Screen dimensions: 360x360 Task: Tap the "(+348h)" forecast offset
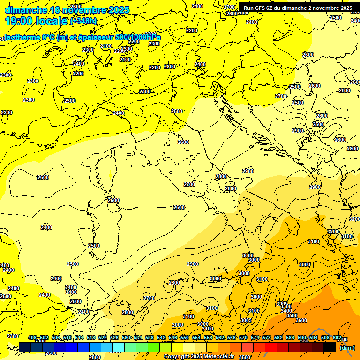coord(83,21)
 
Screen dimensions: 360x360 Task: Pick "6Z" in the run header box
coord(270,8)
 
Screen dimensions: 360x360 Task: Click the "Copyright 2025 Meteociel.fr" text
coord(198,357)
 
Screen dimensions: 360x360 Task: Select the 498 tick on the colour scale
coord(32,338)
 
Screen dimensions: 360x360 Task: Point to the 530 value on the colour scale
coord(126,338)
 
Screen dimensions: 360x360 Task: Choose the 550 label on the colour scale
coord(185,338)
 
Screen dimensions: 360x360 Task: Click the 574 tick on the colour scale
coord(255,338)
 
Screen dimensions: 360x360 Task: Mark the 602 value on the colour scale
coord(337,338)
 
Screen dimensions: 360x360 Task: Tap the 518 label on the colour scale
coord(91,338)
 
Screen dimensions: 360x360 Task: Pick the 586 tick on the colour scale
coord(290,338)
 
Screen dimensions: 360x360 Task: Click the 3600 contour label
coord(301,320)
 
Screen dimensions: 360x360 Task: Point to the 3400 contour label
coord(286,311)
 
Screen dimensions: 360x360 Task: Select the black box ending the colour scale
coord(330,347)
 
